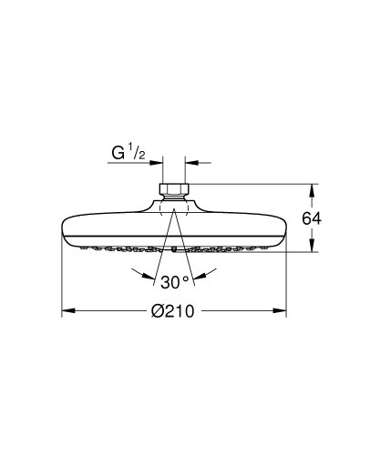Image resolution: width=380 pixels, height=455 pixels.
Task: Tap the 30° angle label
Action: [x=172, y=280]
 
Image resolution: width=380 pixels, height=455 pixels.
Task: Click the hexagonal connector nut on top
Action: [x=173, y=191]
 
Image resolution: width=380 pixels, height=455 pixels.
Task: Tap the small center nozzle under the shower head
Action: [x=173, y=248]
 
